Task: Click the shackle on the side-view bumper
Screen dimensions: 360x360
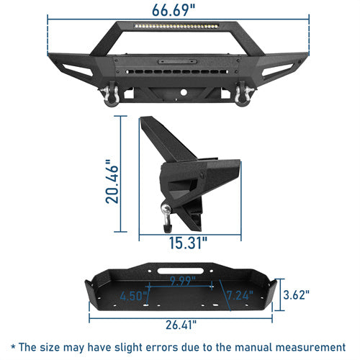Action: [x=166, y=209]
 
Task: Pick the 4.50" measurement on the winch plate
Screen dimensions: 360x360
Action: [x=134, y=294]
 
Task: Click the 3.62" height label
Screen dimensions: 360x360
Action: [x=297, y=294]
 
